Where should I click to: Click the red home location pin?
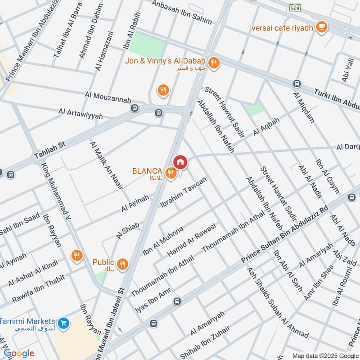coord(180,162)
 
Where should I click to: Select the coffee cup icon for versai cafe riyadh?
coord(321,27)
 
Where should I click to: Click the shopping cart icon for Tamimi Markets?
coord(63,322)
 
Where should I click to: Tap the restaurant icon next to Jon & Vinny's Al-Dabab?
coord(214,63)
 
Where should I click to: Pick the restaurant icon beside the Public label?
coord(122,264)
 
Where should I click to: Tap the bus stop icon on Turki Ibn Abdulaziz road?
coord(297,84)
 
